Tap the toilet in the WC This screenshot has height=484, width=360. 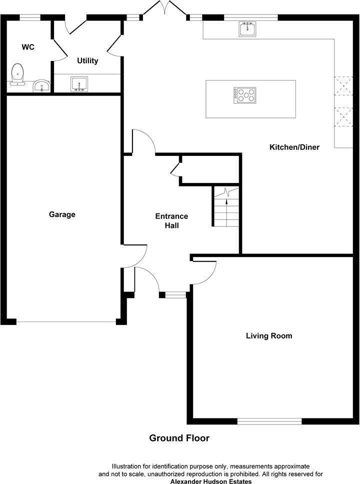click(x=18, y=74)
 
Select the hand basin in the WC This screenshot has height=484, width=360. click(x=41, y=86)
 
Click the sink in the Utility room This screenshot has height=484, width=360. click(x=79, y=83)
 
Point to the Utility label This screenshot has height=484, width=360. click(x=87, y=61)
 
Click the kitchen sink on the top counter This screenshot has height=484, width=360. click(x=247, y=29)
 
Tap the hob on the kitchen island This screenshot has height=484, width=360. click(x=244, y=94)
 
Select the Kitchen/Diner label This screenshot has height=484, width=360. click(x=294, y=147)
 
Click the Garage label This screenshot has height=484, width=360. click(x=62, y=214)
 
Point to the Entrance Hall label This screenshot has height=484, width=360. click(x=171, y=220)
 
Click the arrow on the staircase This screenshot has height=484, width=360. click(x=227, y=202)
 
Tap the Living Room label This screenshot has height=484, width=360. click(x=269, y=335)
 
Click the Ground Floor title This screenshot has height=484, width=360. click(x=179, y=438)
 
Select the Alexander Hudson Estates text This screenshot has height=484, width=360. click(x=211, y=481)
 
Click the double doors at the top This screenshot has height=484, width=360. click(x=165, y=9)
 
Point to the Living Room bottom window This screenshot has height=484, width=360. click(x=269, y=421)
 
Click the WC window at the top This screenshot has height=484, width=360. click(x=30, y=17)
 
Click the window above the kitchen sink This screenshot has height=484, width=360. click(x=251, y=17)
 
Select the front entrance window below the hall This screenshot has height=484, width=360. click(x=175, y=295)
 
